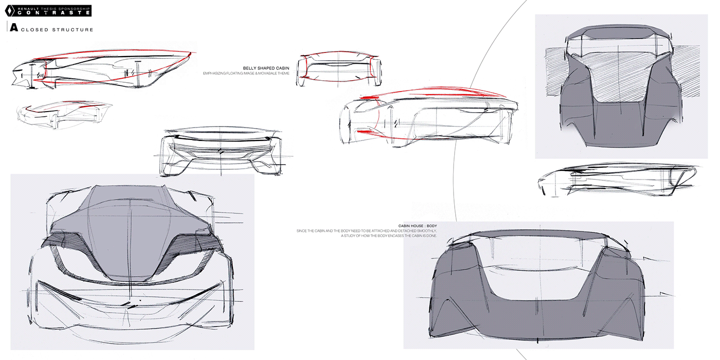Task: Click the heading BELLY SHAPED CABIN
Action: [266, 67]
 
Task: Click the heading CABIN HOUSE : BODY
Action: [418, 225]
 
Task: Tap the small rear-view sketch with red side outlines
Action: [339, 68]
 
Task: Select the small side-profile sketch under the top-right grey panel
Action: [617, 180]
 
